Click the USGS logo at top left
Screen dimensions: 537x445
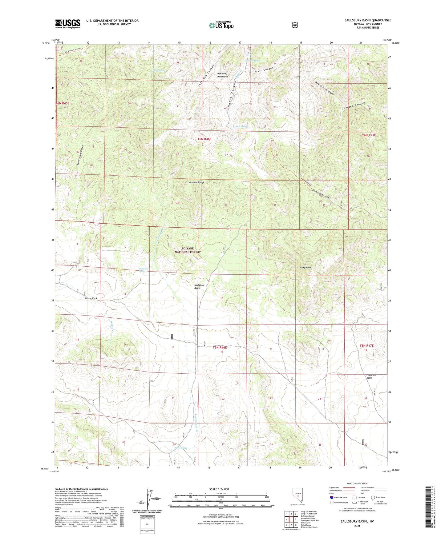tap(68, 24)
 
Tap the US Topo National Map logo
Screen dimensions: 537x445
tap(221, 25)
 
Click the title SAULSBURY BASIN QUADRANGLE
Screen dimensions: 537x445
tap(368, 20)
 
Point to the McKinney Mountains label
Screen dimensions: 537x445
tap(222, 75)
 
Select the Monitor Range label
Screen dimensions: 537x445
tap(196, 182)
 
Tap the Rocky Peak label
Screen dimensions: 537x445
tap(305, 268)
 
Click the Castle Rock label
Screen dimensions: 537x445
tap(91, 298)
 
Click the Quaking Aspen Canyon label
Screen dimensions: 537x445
tap(324, 88)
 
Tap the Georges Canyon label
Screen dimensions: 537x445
tap(353, 106)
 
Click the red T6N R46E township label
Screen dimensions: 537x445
tap(204, 139)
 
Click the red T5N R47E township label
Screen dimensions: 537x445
tap(366, 346)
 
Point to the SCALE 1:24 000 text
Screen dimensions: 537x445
tap(219, 489)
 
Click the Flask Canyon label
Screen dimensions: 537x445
tap(264, 70)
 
